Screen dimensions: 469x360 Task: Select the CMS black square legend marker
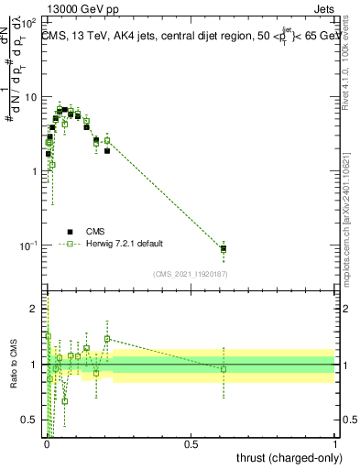tap(70, 231)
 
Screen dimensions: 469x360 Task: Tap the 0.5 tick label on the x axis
tap(191, 444)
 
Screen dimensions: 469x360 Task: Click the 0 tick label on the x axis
tap(47, 444)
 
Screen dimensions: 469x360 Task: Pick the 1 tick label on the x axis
tap(335, 444)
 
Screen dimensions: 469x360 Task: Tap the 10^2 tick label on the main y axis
tap(29, 22)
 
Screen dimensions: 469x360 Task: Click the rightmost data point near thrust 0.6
tap(224, 248)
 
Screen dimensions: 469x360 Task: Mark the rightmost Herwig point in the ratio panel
tap(224, 369)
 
